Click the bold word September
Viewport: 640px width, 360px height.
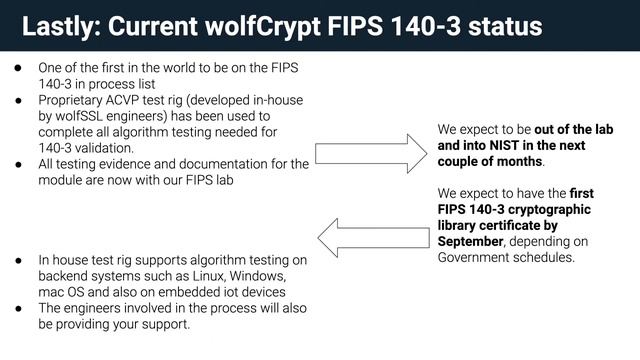click(x=476, y=241)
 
